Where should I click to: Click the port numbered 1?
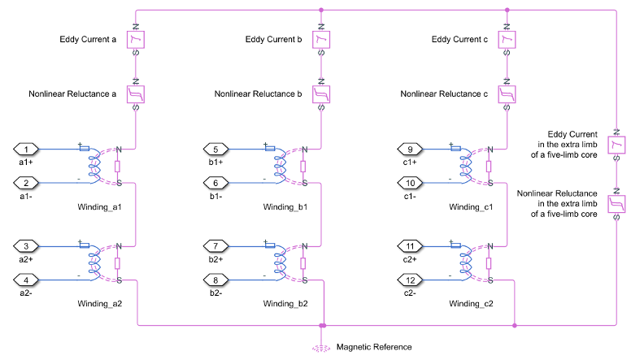pyautogui.click(x=28, y=150)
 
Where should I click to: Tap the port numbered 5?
pyautogui.click(x=215, y=150)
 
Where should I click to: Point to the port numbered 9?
pyautogui.click(x=412, y=150)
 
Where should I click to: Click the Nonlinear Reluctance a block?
pyautogui.click(x=136, y=94)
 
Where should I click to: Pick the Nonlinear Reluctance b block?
pyautogui.click(x=322, y=94)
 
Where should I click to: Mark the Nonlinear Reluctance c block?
pyautogui.click(x=508, y=94)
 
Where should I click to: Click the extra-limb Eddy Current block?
pyautogui.click(x=617, y=144)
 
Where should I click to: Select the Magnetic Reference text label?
pyautogui.click(x=376, y=347)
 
